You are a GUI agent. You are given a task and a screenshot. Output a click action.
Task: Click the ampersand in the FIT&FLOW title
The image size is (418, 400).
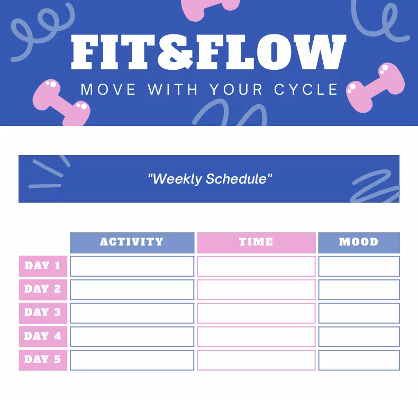point(176,52)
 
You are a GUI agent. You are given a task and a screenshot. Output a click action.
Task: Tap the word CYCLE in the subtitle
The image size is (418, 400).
point(306,89)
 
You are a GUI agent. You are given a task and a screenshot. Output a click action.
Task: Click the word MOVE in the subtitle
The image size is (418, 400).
point(108,89)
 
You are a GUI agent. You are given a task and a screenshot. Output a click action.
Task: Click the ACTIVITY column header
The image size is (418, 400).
point(132,242)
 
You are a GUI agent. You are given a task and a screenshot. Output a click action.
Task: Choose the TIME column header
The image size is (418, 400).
point(256,242)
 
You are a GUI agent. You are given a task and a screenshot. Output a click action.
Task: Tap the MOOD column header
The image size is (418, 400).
point(359,242)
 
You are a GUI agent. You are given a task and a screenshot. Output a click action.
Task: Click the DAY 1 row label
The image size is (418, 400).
point(43,266)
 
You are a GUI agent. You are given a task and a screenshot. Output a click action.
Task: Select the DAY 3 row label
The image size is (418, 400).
point(43,313)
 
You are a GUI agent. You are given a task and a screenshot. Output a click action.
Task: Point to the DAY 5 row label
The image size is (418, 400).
point(43,360)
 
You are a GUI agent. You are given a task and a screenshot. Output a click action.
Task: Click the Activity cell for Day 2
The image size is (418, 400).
point(132,289)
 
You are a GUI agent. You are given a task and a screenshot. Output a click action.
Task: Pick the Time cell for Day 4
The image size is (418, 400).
point(256,337)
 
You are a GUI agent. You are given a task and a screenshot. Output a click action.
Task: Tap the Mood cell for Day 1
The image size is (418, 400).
point(359,266)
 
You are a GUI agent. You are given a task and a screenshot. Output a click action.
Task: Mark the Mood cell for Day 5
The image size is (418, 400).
point(359,360)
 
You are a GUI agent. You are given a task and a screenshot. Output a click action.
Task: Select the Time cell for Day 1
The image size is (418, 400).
point(256,266)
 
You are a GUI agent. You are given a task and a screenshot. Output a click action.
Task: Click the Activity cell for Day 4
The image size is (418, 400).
point(132,337)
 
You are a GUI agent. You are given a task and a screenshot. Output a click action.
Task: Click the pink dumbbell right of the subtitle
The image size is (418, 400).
point(375,87)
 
